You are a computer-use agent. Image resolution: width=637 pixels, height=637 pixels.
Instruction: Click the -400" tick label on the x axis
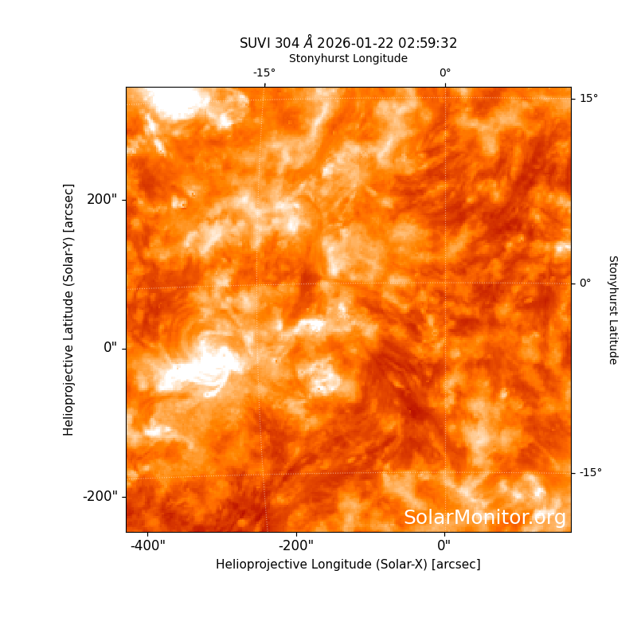(x=148, y=545)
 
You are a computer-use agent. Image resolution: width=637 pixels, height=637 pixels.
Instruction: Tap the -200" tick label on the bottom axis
(x=296, y=545)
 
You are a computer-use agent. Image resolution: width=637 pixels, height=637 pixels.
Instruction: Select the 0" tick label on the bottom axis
(x=444, y=545)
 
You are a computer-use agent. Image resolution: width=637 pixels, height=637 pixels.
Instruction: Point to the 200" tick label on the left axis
(x=102, y=200)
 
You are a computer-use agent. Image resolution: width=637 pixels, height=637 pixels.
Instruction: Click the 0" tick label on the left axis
(x=110, y=348)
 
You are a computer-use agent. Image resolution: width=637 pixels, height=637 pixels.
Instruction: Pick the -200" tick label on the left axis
(x=100, y=496)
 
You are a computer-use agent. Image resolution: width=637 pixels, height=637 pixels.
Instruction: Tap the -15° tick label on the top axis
(x=264, y=72)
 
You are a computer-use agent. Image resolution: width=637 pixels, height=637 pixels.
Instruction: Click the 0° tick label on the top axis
(x=445, y=72)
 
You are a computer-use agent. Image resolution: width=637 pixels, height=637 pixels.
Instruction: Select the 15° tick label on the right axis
(x=588, y=98)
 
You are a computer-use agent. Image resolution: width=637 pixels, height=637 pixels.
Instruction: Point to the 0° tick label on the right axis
(x=585, y=283)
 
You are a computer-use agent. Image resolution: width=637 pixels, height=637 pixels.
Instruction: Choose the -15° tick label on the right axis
(x=591, y=472)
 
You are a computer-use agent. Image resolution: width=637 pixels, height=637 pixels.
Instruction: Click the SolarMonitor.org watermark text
(x=485, y=518)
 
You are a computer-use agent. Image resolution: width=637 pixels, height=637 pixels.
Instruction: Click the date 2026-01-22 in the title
(x=355, y=43)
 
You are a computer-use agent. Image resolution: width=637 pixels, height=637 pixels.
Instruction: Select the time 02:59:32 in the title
(x=428, y=43)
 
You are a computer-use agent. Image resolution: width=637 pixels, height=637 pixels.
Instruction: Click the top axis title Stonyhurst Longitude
(x=348, y=58)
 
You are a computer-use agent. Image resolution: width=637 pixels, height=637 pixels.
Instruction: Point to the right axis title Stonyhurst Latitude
(x=613, y=310)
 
